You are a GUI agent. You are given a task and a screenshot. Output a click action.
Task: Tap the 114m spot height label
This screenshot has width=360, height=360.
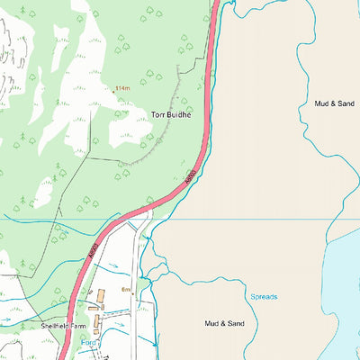click(123, 87)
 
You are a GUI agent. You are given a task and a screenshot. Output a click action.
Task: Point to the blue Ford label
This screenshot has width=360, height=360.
click(88, 343)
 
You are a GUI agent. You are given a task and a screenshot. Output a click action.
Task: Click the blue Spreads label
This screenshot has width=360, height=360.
click(263, 296)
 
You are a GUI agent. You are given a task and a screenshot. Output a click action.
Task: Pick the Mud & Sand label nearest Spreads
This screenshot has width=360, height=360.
click(224, 323)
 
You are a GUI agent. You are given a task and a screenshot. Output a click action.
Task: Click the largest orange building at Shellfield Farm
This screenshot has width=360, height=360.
click(101, 293)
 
